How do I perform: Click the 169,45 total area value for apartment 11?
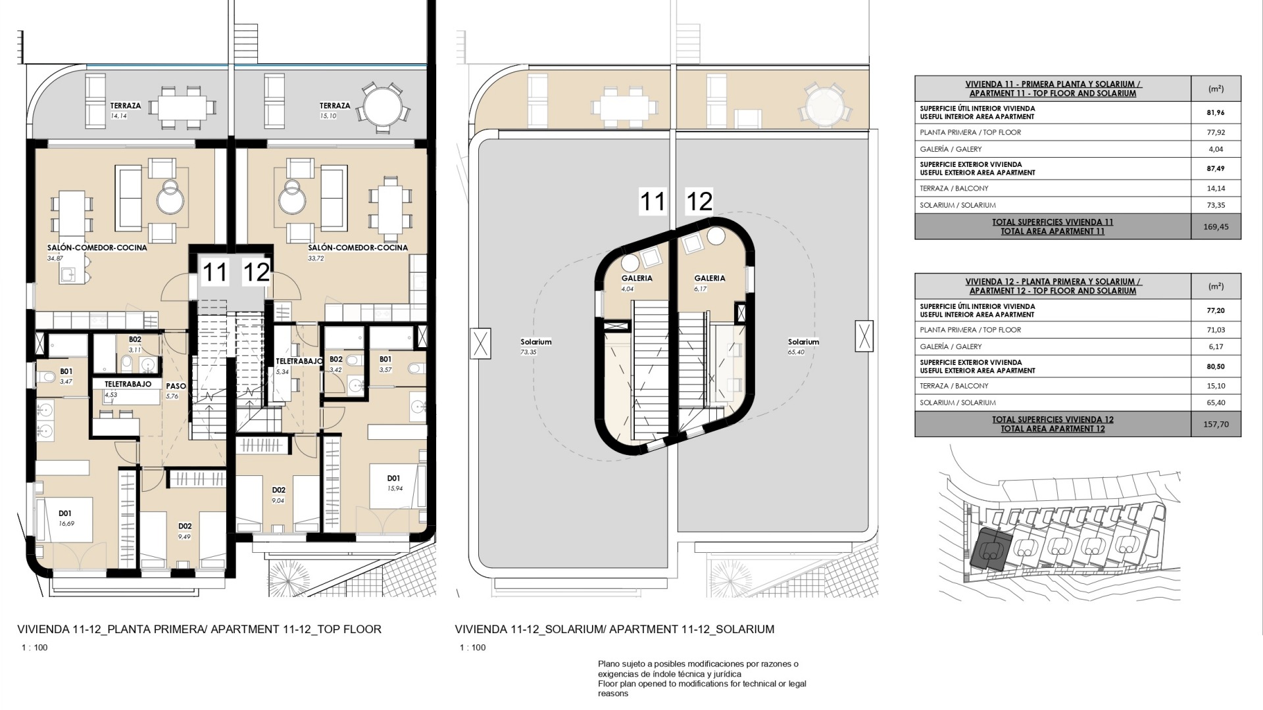(1216, 227)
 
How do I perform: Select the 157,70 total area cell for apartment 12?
(1216, 424)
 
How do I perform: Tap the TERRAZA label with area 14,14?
(126, 106)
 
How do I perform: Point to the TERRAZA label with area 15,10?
(335, 106)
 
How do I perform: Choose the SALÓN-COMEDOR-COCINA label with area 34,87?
(97, 248)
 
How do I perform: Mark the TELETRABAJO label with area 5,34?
(299, 362)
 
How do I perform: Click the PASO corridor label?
(176, 387)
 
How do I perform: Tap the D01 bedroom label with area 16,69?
(64, 513)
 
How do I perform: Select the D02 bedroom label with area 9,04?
(279, 490)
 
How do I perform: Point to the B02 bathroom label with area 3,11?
(135, 340)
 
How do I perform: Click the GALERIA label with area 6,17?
(710, 278)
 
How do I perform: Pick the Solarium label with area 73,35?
(536, 342)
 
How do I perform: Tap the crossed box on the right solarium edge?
(864, 335)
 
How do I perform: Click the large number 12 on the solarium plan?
(699, 201)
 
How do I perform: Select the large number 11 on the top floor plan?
(214, 272)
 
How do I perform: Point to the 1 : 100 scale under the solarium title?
(473, 648)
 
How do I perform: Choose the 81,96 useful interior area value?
(1216, 112)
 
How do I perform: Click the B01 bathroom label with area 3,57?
(385, 359)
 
